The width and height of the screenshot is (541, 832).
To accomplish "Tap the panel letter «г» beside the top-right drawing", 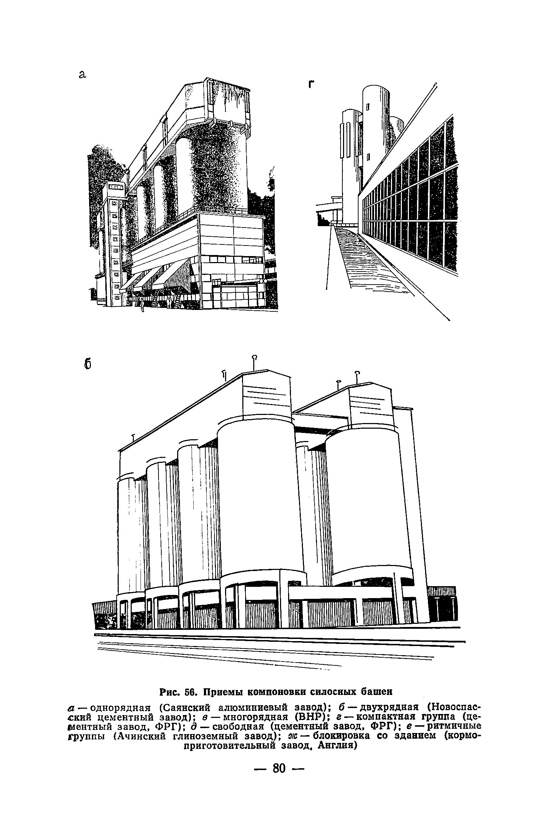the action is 311,84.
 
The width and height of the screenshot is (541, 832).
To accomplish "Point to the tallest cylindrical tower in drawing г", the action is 375,134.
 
